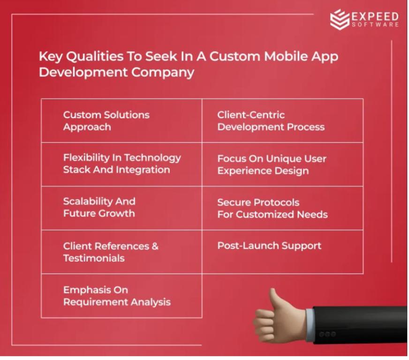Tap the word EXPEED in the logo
coord(375,16)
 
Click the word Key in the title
coord(51,57)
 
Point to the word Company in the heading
coord(162,73)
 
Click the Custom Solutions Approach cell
coord(121,120)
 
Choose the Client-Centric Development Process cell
coord(282,120)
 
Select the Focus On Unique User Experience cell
coord(282,165)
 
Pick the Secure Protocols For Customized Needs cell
coord(282,208)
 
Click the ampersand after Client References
coord(155,246)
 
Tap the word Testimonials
coord(94,258)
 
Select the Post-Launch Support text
coord(269,246)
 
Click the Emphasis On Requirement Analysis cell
coord(121,296)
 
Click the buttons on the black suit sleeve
coord(327,334)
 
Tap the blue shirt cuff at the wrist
coord(310,324)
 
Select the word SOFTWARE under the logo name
coord(375,25)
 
